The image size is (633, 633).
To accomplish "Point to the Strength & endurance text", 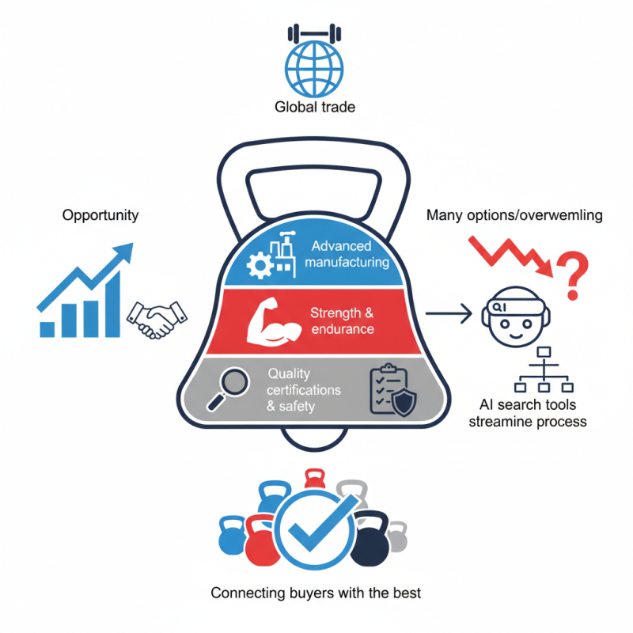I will [342, 321].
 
